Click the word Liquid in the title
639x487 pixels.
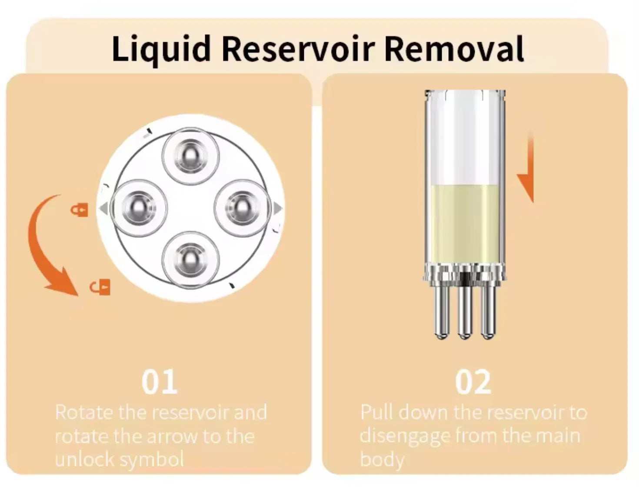[x=161, y=49]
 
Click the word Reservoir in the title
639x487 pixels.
[x=298, y=49]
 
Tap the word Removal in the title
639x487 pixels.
[x=454, y=49]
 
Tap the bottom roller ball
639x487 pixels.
[x=190, y=260]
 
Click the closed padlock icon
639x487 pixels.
[x=80, y=210]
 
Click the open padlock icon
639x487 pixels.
[x=100, y=287]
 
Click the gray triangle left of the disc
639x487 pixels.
[x=103, y=209]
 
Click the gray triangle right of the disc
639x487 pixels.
[x=278, y=209]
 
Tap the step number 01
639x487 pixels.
[x=160, y=382]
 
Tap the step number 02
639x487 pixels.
[x=473, y=382]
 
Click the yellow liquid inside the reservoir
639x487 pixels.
[x=464, y=222]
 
